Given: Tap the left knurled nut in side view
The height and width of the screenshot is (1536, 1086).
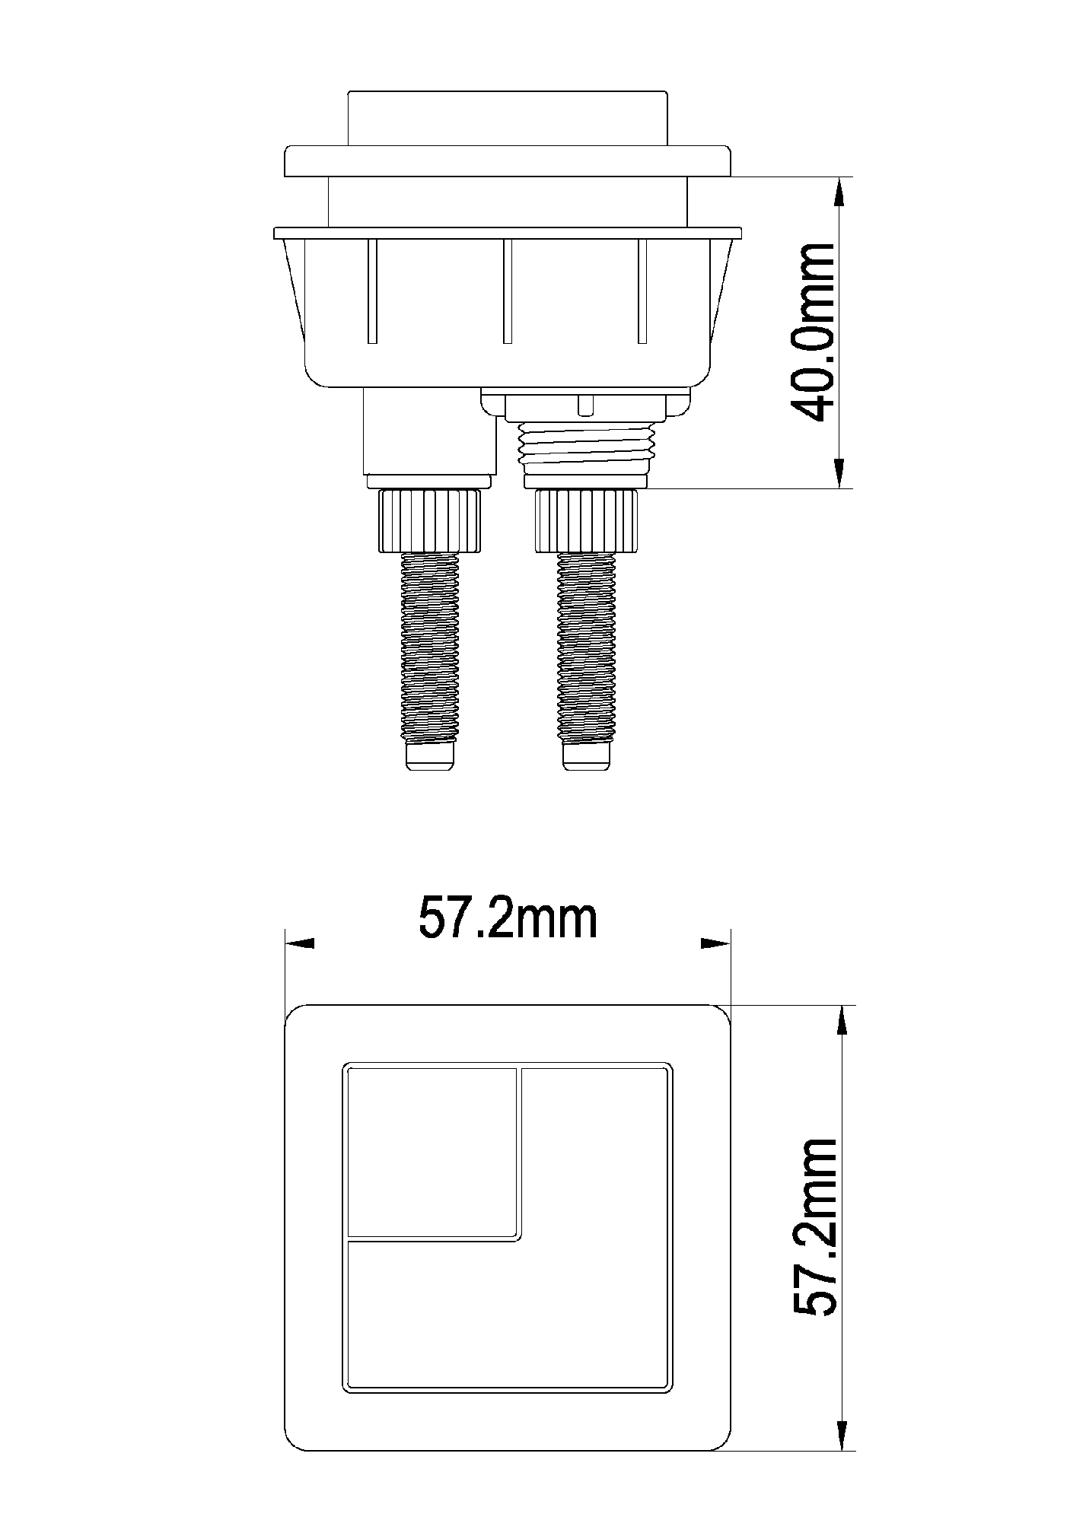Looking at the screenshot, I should click(430, 521).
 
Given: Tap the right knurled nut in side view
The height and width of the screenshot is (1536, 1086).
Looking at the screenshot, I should click(586, 521).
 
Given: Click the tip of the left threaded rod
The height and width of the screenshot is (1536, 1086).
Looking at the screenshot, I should click(430, 757).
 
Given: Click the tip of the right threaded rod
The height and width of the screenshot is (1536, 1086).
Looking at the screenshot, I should click(586, 757).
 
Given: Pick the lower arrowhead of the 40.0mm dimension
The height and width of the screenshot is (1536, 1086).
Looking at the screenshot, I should click(839, 473).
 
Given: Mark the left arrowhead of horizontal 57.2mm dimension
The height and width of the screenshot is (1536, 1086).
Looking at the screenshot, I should click(299, 943).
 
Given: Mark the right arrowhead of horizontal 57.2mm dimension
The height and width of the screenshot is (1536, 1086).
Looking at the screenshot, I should click(715, 943).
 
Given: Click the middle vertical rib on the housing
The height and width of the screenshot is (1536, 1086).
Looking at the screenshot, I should click(508, 291).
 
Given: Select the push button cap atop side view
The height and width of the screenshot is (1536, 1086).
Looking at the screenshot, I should click(508, 119).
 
